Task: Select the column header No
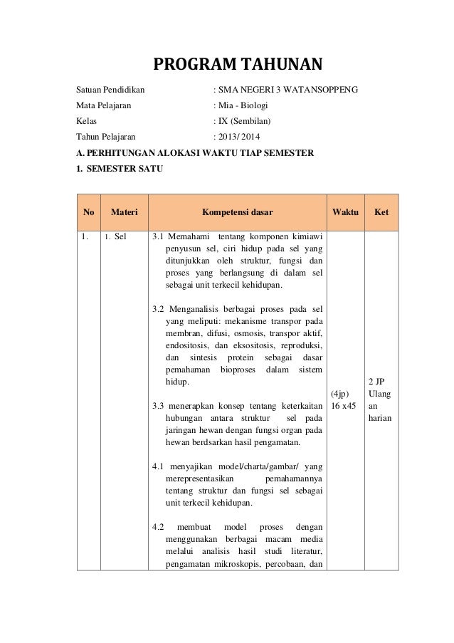(89, 211)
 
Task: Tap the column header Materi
(124, 211)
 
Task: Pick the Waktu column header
(345, 211)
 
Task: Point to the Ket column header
(381, 211)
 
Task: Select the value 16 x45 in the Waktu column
(345, 405)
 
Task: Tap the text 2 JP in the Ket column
(377, 381)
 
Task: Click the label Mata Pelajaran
(104, 105)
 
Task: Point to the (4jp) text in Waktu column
(341, 392)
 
